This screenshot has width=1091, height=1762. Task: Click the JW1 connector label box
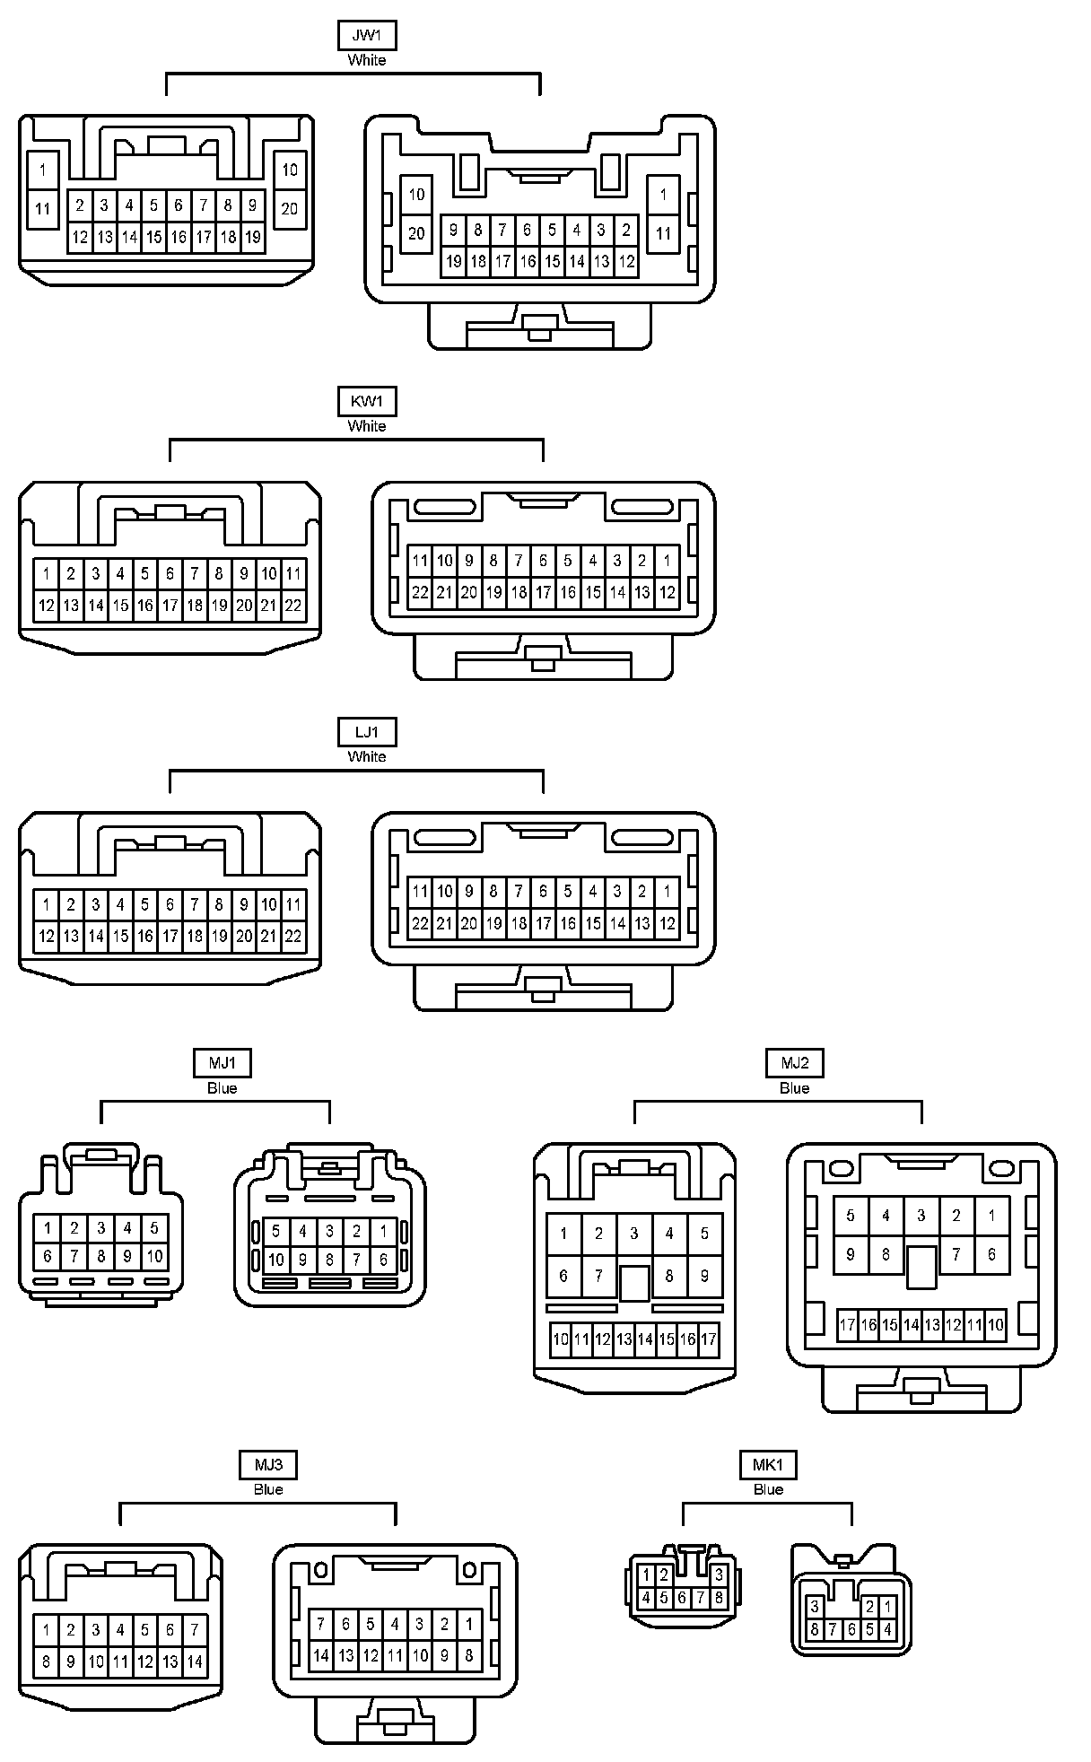click(x=367, y=36)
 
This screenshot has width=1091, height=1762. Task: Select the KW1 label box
click(x=367, y=401)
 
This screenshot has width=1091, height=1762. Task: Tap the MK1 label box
click(x=768, y=1465)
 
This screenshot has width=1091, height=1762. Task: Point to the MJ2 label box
click(x=794, y=1063)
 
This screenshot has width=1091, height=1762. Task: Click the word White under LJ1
click(x=367, y=756)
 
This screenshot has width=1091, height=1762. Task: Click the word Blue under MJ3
click(x=267, y=1489)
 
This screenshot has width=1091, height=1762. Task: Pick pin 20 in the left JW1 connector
click(x=289, y=209)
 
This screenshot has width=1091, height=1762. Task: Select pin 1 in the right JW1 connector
click(x=663, y=195)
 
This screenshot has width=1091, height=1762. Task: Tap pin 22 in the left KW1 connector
click(x=293, y=606)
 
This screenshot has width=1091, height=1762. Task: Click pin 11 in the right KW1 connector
click(x=420, y=561)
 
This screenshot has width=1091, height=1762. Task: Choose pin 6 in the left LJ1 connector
click(x=170, y=904)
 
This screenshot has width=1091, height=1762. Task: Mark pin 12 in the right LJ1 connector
click(x=667, y=923)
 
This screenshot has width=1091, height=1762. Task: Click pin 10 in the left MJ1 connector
click(x=154, y=1256)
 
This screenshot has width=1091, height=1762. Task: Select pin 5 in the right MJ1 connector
click(x=276, y=1232)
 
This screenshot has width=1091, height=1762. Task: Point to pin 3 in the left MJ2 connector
click(x=634, y=1234)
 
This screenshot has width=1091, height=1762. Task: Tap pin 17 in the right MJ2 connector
click(x=847, y=1325)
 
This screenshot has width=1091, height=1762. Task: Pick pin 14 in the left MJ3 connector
click(x=195, y=1662)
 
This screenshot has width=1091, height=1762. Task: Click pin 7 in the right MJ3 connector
click(x=320, y=1624)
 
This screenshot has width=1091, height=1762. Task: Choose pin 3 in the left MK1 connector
click(x=719, y=1574)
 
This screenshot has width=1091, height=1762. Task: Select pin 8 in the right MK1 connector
click(x=815, y=1629)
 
